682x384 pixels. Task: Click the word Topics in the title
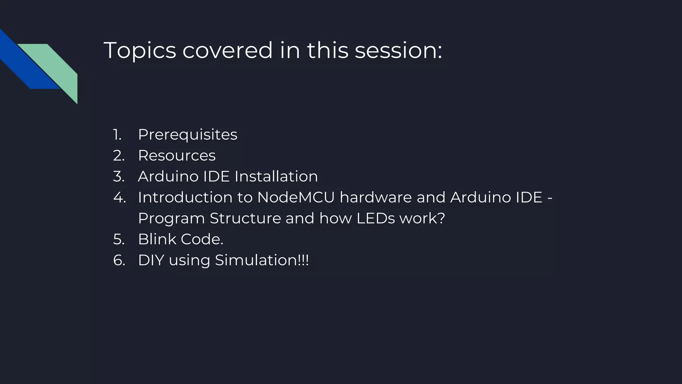pyautogui.click(x=140, y=51)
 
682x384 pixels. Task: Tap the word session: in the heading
pyautogui.click(x=398, y=51)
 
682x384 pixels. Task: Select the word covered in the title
pyautogui.click(x=227, y=51)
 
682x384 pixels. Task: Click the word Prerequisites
pyautogui.click(x=187, y=135)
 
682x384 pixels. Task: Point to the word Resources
pyautogui.click(x=177, y=156)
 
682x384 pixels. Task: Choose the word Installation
pyautogui.click(x=276, y=176)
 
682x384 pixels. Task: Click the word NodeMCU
pyautogui.click(x=296, y=197)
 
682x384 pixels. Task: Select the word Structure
pyautogui.click(x=245, y=218)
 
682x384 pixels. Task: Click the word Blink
pyautogui.click(x=157, y=239)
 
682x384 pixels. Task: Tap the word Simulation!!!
pyautogui.click(x=262, y=260)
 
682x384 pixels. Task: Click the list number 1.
pyautogui.click(x=117, y=135)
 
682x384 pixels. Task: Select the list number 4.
pyautogui.click(x=119, y=197)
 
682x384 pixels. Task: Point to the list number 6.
pyautogui.click(x=119, y=260)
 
